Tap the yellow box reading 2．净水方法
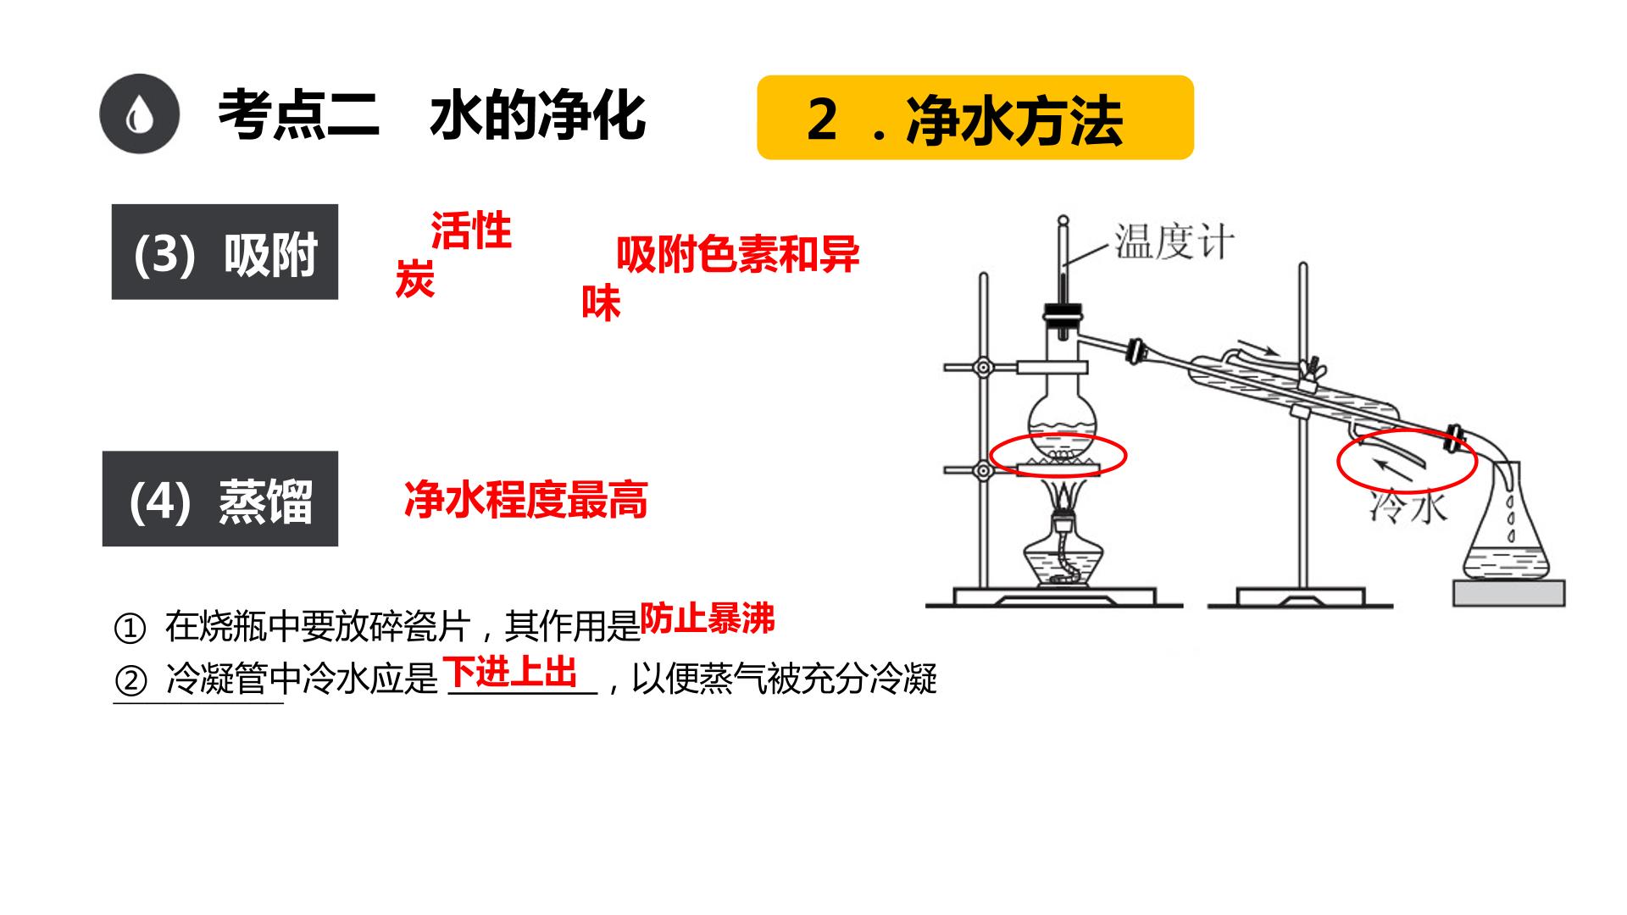point(975,117)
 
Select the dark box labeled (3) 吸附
point(225,252)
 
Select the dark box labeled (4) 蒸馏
point(220,498)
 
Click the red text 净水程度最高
point(526,499)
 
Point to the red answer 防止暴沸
point(708,619)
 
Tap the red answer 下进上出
point(512,673)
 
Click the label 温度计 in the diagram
point(1174,241)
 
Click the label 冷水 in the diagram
point(1408,507)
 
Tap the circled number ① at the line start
point(130,629)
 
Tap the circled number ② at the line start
point(130,680)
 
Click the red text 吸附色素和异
point(738,254)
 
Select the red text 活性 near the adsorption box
point(471,230)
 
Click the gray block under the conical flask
point(1509,593)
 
